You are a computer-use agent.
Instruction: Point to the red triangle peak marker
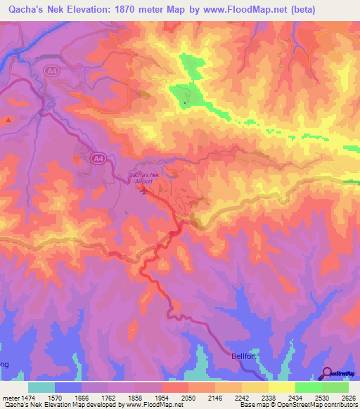tap(8, 120)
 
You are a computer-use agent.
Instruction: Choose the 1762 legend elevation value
tap(109, 397)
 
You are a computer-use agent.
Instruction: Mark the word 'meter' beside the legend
tap(10, 397)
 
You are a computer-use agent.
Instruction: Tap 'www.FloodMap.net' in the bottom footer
tap(148, 405)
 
